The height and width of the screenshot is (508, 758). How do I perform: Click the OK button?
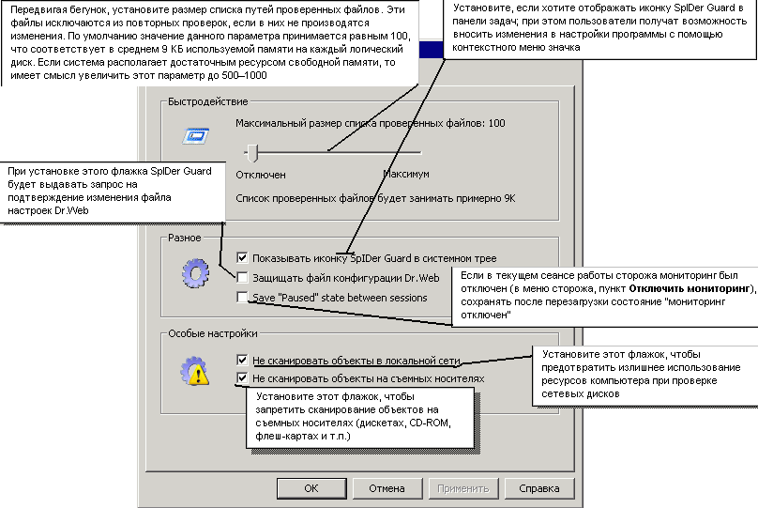coord(311,488)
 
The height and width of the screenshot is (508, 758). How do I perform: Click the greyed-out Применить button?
coord(462,488)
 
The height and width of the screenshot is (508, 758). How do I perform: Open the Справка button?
coord(538,488)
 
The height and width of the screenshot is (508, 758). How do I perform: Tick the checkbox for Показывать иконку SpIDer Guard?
coord(243,257)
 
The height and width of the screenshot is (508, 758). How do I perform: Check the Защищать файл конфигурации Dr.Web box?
coord(243,278)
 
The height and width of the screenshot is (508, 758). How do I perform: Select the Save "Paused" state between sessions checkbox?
coord(243,298)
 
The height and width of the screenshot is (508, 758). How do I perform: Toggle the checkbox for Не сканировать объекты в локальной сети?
coord(243,360)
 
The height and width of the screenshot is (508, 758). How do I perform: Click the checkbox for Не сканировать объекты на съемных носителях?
coord(243,378)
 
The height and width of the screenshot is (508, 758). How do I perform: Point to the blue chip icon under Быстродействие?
coord(195,137)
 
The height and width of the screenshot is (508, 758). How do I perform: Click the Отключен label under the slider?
coord(261,175)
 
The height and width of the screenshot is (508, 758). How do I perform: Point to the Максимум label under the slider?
coord(406,175)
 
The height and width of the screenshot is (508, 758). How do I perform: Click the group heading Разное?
coord(186,238)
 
